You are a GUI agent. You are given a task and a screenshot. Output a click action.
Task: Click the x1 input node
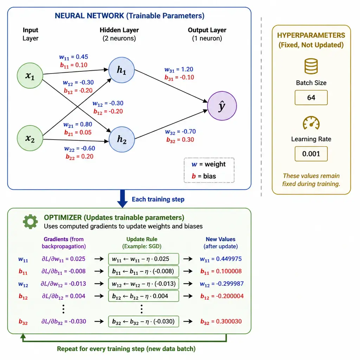(30, 76)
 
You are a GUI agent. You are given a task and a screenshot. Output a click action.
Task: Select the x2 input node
(30, 138)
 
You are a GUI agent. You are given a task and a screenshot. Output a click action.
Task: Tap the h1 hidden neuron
(121, 70)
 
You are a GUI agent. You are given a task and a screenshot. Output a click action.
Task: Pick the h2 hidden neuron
(121, 139)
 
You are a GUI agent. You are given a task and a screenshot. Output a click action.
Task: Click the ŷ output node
(222, 106)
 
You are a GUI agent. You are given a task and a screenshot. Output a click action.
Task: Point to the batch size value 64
(311, 98)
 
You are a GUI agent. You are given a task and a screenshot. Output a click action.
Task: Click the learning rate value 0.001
(311, 154)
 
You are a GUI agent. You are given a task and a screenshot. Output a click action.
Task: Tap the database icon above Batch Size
(311, 66)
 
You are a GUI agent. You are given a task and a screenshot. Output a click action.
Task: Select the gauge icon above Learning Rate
(311, 123)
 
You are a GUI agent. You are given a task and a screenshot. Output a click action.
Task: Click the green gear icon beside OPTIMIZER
(30, 221)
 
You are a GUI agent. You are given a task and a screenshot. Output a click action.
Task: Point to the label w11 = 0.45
(73, 57)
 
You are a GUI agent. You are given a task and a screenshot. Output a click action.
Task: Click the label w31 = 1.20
(179, 70)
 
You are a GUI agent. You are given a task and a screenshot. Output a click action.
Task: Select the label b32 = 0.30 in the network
(180, 140)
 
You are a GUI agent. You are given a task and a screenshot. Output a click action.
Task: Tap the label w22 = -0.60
(79, 149)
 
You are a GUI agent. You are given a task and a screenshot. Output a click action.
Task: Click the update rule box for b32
(143, 321)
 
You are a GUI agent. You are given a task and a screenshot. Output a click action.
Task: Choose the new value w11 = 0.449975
(221, 259)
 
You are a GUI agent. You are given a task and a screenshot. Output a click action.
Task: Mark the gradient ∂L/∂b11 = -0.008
(63, 271)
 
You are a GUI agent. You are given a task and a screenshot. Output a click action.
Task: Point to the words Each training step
(158, 199)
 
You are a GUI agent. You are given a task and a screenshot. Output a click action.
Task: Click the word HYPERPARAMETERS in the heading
(311, 35)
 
